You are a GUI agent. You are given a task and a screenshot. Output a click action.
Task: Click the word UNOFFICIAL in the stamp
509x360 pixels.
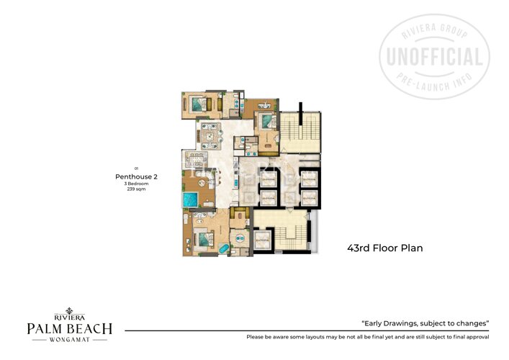[x=434, y=57]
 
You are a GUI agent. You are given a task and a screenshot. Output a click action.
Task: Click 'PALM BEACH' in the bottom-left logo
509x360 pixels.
[x=70, y=328]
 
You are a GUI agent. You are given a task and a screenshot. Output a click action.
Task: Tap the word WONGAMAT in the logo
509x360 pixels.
[x=70, y=341]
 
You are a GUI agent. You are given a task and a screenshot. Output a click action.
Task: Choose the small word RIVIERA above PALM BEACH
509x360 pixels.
[x=70, y=315]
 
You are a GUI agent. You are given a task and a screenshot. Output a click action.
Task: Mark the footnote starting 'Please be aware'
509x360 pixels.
[x=367, y=337]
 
